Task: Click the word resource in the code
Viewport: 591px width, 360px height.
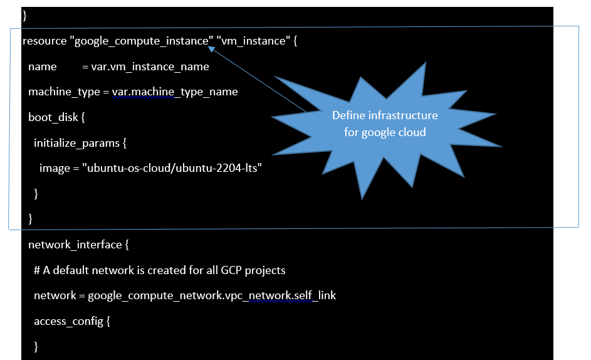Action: point(44,41)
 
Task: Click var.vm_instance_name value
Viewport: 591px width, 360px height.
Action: point(150,66)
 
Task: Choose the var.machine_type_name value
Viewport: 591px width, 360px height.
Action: point(175,92)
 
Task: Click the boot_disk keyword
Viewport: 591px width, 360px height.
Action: point(53,117)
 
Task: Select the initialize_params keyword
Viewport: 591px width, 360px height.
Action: point(77,144)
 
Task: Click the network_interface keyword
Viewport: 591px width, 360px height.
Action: point(75,245)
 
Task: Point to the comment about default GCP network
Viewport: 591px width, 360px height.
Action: point(160,270)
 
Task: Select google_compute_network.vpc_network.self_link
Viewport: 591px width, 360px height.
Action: point(212,295)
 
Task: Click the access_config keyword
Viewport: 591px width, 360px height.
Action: point(68,322)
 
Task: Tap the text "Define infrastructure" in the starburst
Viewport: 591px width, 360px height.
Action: point(385,115)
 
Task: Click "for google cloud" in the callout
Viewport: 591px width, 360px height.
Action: point(385,132)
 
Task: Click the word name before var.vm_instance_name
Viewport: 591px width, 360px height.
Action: point(42,66)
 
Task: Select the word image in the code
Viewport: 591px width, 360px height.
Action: point(55,168)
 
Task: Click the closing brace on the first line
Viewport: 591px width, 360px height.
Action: point(25,16)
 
